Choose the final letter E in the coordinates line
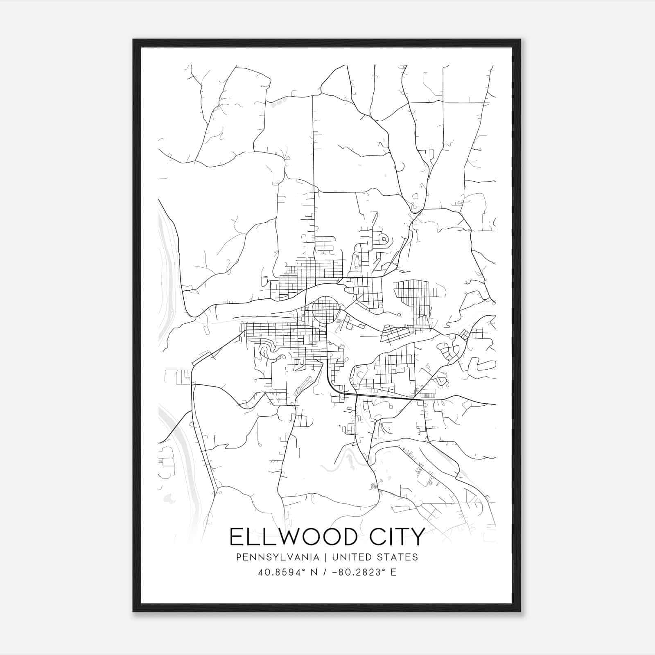point(394,572)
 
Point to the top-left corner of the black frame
point(134,40)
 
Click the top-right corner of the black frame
point(519,40)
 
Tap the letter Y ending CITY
point(418,537)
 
